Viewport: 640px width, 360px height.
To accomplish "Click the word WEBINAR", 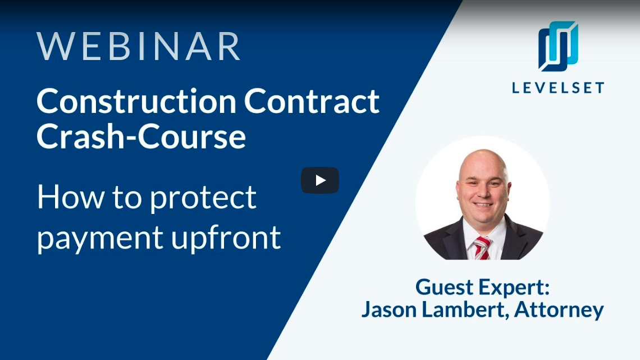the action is (x=138, y=47).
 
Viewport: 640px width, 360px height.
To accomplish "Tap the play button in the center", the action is (x=320, y=180).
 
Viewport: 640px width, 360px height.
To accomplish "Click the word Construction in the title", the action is (x=136, y=101).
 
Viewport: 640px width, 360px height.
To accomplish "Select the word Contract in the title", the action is (x=312, y=101).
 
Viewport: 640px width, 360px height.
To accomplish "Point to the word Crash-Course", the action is (x=141, y=136).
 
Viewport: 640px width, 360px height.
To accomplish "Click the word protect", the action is (x=203, y=198).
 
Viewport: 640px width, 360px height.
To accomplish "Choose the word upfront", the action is (x=226, y=237).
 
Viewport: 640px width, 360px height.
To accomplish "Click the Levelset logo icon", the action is (x=558, y=46).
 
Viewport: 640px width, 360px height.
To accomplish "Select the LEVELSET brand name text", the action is (x=558, y=88).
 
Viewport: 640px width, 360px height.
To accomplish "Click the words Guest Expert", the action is (x=482, y=288).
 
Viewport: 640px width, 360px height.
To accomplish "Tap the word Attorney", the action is (x=559, y=310).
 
